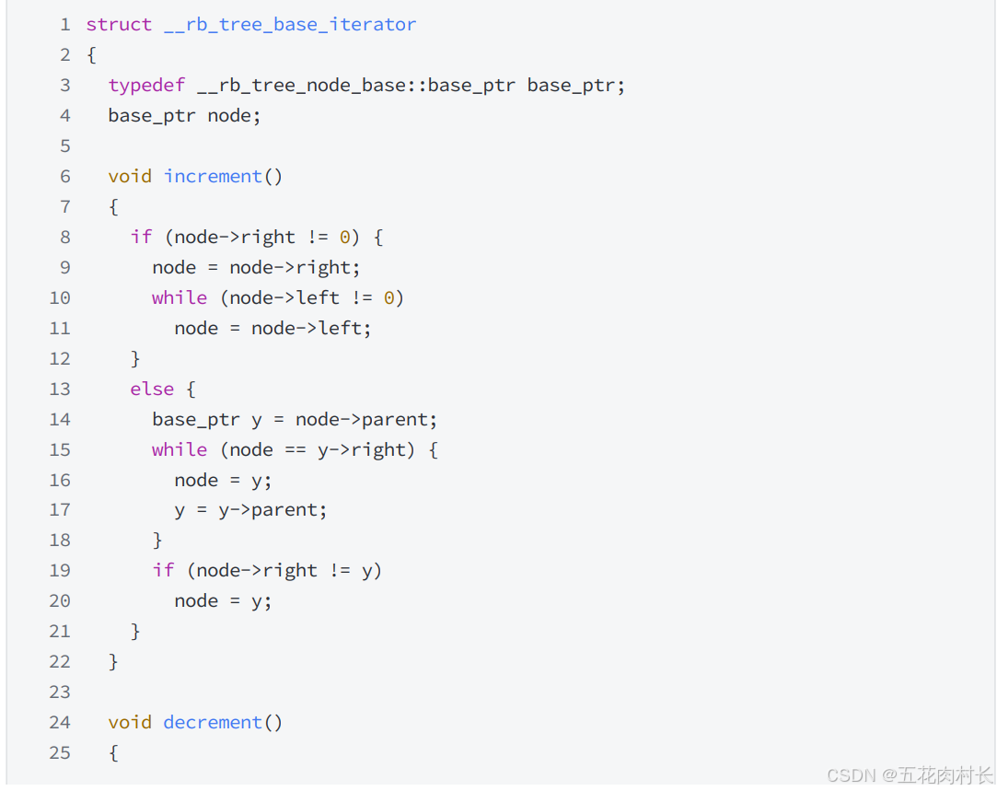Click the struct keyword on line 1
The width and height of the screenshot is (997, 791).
(119, 25)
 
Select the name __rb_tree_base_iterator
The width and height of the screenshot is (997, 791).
(290, 25)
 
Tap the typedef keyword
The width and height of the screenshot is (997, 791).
(146, 86)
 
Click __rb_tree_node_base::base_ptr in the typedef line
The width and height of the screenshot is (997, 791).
(355, 86)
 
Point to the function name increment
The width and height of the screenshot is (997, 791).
(213, 176)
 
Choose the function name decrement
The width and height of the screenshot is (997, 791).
(213, 722)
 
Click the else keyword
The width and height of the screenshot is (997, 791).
(152, 389)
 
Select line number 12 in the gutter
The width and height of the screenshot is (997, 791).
(60, 358)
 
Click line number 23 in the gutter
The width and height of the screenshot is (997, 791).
(60, 692)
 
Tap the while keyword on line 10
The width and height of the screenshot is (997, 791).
(180, 297)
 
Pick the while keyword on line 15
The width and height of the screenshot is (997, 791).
(180, 449)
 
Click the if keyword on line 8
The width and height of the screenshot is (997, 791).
(141, 237)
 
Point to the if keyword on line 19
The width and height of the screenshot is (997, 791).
(163, 570)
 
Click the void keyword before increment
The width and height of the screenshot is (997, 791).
(130, 176)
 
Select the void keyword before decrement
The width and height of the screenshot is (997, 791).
(130, 722)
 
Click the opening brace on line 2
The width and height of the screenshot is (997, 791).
(91, 55)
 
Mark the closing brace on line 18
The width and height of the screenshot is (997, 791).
(157, 540)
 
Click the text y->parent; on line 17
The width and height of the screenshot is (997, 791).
(272, 509)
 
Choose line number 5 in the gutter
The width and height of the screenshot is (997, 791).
(64, 145)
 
